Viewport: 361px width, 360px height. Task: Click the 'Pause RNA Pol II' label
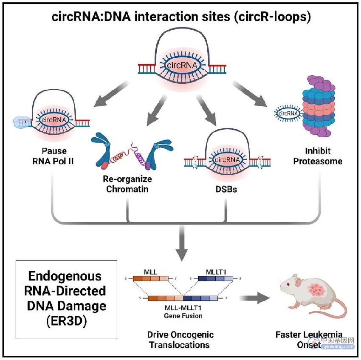coord(53,156)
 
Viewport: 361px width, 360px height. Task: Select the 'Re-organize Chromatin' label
coord(127,184)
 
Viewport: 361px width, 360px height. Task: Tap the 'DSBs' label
coord(226,189)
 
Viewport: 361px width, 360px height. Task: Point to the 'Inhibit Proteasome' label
coord(318,156)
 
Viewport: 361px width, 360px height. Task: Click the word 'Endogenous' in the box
coord(65,276)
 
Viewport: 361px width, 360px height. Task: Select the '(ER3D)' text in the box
coord(67,321)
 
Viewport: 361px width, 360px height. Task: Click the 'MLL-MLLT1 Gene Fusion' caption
coord(183,312)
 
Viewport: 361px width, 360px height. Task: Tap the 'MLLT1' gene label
coord(216,272)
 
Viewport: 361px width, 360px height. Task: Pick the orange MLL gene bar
coord(151,279)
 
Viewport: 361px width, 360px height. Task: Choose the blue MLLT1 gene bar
coord(215,279)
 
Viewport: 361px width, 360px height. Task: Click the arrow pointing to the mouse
coord(254,298)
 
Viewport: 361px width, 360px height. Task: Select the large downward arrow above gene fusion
coord(182,243)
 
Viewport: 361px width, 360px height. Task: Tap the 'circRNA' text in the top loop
coord(182,65)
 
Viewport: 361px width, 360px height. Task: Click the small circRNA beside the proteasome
coord(288,113)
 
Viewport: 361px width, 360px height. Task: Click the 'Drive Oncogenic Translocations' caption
coord(180,340)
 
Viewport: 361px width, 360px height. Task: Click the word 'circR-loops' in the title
coord(273,17)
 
